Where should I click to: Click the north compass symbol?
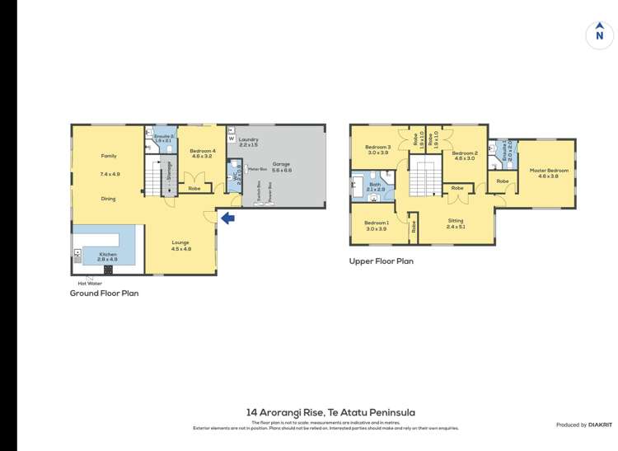tap(599, 35)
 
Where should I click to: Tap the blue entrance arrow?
tap(227, 218)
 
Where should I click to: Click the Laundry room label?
tap(250, 140)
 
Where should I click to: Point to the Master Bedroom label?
tap(553, 171)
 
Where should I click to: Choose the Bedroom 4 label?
tap(202, 152)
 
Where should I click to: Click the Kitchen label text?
tap(108, 255)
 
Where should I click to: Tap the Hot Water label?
tap(89, 283)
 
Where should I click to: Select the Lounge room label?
tap(180, 243)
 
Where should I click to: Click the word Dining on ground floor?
tap(108, 199)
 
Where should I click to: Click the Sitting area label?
tap(456, 221)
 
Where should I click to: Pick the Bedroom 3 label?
tap(377, 148)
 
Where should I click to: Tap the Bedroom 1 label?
tap(376, 223)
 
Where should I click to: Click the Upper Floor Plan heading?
tap(381, 261)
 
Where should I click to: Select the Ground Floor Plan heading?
tap(104, 293)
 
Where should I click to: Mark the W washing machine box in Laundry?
tap(232, 139)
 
